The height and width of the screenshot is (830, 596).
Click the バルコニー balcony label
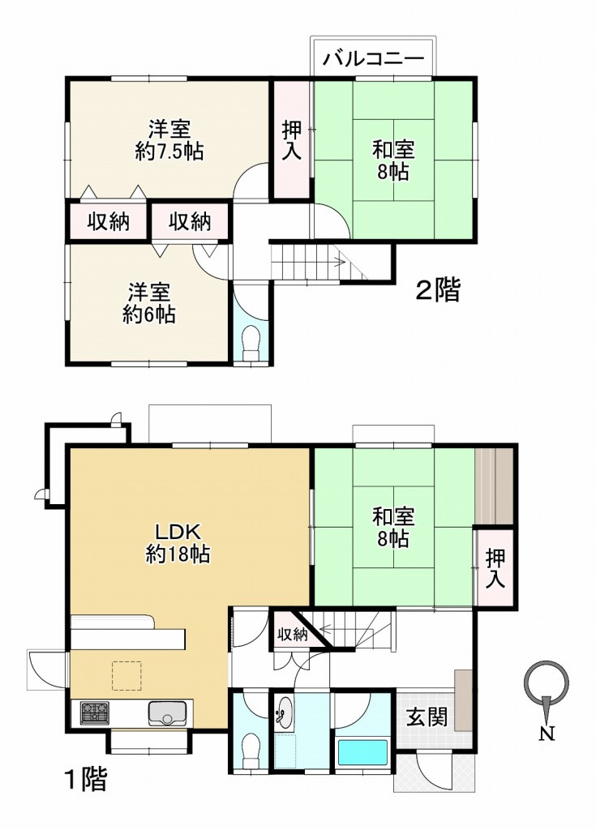point(374,59)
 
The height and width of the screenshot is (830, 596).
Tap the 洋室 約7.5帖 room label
point(169,139)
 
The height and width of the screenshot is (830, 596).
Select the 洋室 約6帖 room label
point(148,303)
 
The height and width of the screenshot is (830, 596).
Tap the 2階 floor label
point(438,290)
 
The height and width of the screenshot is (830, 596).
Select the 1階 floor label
point(85,781)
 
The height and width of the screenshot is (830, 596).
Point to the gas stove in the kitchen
point(95,713)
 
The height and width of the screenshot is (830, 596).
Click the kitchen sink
point(167,714)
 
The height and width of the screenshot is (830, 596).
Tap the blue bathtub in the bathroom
point(364,751)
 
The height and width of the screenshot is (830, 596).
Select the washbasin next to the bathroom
point(284,714)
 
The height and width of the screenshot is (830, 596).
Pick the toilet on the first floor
point(251,747)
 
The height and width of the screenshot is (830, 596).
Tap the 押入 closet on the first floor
point(495,568)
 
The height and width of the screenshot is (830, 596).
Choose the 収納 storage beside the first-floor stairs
point(291,635)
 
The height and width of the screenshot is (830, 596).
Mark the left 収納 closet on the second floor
point(109,221)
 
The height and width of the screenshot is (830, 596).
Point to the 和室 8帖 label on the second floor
point(393,160)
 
